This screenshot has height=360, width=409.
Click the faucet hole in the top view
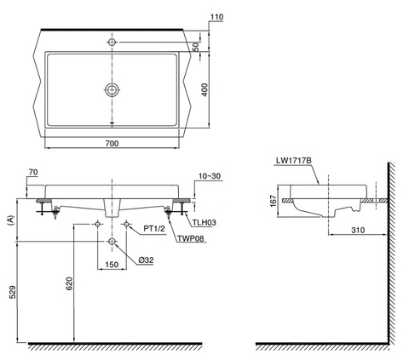point(112,39)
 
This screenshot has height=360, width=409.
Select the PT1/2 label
point(154,228)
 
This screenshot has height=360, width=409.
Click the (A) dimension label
point(10,219)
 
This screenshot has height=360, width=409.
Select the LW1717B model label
point(292,158)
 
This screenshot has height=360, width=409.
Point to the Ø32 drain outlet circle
point(112,243)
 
